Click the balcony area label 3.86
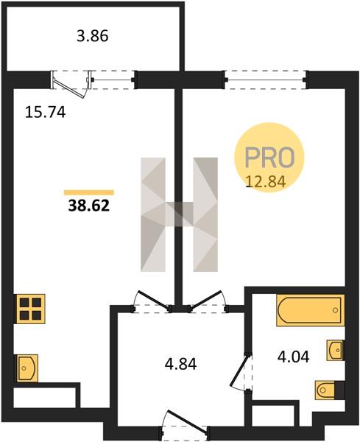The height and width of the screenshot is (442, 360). coord(93,37)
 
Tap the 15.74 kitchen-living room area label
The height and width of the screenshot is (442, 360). coord(46,112)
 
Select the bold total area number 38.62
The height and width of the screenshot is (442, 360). coord(89,206)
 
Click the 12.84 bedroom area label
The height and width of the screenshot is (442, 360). coord(267,181)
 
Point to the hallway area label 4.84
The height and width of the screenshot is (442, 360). coord(180,364)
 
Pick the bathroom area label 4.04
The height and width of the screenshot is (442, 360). coord(294,357)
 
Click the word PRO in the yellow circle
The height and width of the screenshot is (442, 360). coord(269,157)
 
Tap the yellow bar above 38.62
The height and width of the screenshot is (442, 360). coord(89,192)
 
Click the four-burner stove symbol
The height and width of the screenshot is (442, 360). coord(31,309)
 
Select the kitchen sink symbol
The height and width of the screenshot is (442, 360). coord(27,368)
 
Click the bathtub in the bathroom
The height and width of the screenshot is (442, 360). coord(311,310)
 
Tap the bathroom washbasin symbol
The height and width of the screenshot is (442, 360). coord(336,350)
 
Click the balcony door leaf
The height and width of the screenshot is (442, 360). coord(69,88)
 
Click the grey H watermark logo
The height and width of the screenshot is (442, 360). coord(179,214)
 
